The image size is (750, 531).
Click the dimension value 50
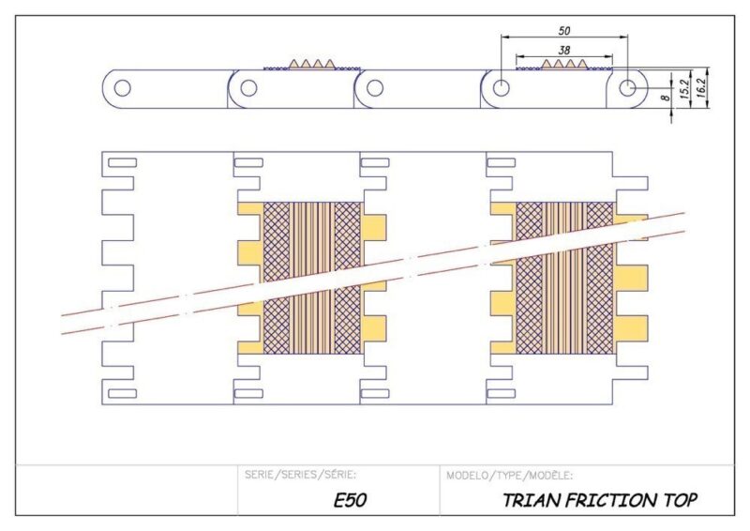point(564,30)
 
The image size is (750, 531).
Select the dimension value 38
point(564,49)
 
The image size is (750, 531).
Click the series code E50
point(350,500)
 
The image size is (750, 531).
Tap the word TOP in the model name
point(678,500)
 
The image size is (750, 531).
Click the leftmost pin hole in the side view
point(123,89)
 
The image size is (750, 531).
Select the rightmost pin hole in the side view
point(627,88)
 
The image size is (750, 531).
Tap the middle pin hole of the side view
point(375,89)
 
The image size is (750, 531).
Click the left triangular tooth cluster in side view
point(310,64)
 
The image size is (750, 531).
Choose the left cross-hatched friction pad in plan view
point(311,277)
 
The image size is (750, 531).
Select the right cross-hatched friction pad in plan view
point(565,277)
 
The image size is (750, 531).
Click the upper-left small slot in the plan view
point(123,163)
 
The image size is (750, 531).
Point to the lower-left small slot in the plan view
point(123,393)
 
